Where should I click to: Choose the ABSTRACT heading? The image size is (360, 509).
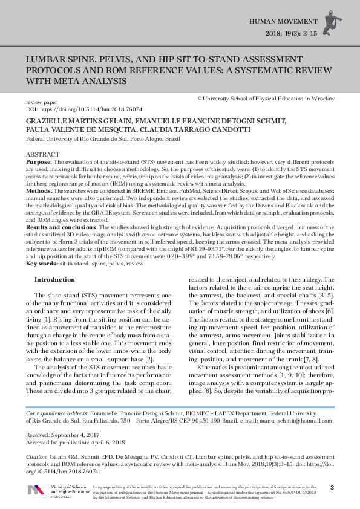(x=43, y=155)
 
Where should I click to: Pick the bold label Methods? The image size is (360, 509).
(x=39, y=190)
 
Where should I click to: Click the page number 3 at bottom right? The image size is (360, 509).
(x=331, y=487)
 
